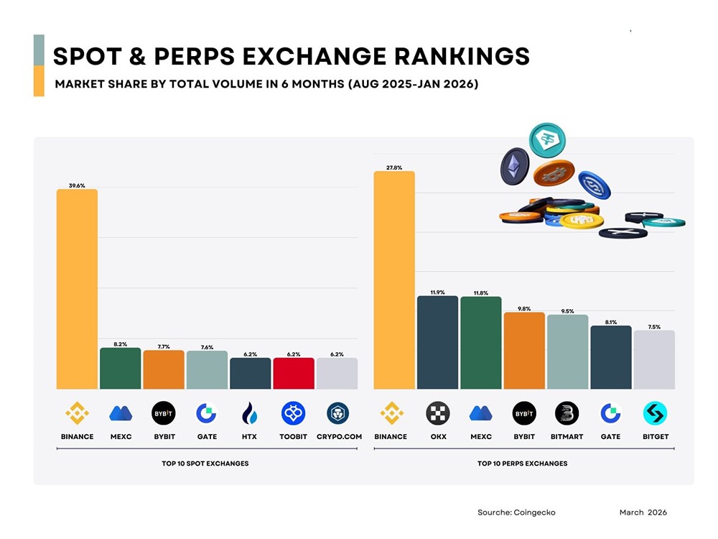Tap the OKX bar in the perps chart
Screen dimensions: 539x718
click(x=437, y=342)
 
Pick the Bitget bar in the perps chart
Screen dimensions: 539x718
click(x=654, y=360)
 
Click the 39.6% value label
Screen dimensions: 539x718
click(x=77, y=185)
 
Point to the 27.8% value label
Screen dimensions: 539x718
click(x=394, y=167)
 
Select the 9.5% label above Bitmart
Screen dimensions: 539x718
click(x=567, y=311)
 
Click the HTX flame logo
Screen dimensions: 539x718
click(x=250, y=413)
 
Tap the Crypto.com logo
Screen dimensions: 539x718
click(x=337, y=413)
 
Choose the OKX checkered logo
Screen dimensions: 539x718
click(x=437, y=413)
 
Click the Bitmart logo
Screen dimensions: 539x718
click(x=567, y=413)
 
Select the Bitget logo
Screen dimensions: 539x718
click(x=655, y=413)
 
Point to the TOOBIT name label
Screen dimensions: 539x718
click(x=294, y=437)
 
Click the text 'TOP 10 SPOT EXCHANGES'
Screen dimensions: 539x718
click(x=205, y=464)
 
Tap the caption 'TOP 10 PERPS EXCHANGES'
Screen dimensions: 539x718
click(x=522, y=464)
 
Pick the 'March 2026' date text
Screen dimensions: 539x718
click(x=643, y=512)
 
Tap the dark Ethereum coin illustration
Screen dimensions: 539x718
click(x=514, y=165)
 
